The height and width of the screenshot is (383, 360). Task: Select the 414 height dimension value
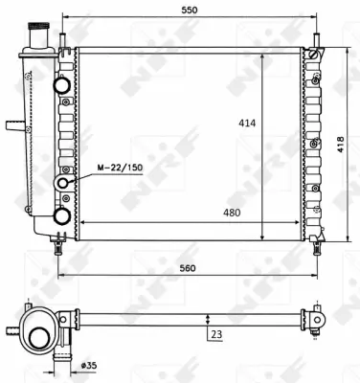click(x=246, y=124)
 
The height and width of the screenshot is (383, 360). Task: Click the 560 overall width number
click(x=188, y=268)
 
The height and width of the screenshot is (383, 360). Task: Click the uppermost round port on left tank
click(x=63, y=85)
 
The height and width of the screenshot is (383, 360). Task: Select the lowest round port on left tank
click(x=63, y=215)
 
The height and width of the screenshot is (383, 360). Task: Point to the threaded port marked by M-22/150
click(x=63, y=182)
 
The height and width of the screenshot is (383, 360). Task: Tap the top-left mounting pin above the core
click(x=63, y=38)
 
